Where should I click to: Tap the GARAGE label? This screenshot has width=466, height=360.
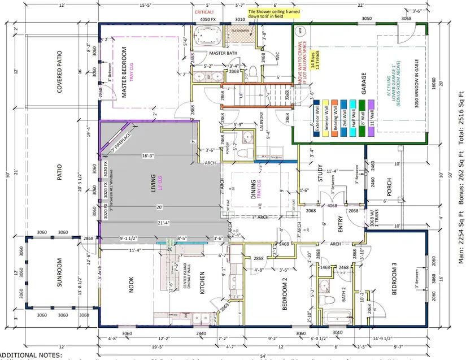364,83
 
